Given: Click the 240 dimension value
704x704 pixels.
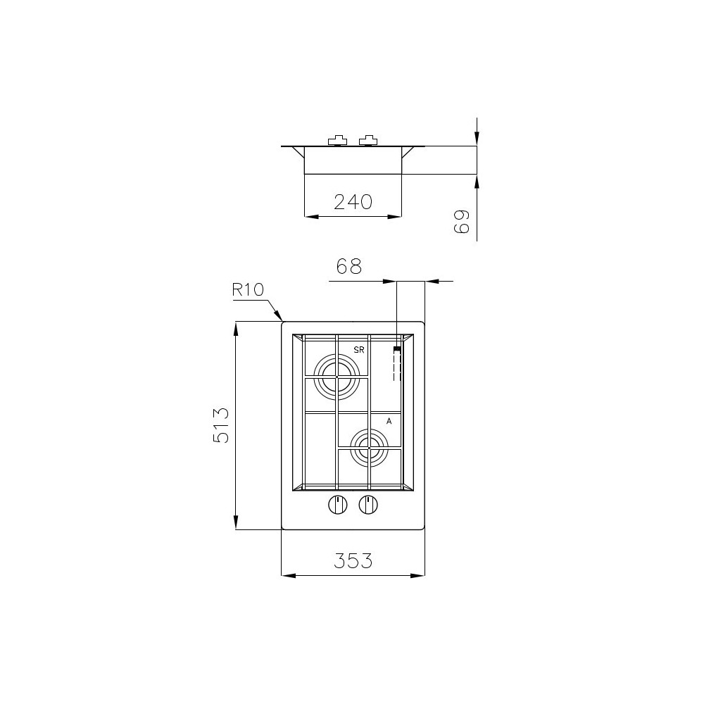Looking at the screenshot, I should [353, 202].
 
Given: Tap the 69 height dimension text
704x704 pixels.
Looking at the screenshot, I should [461, 222].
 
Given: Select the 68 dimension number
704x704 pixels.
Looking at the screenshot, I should [348, 267].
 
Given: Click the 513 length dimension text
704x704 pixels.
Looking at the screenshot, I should [221, 425].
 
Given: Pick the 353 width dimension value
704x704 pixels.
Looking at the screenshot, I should [353, 561].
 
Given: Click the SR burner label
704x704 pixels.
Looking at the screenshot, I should [359, 350].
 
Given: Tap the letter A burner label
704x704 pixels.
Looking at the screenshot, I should [389, 421].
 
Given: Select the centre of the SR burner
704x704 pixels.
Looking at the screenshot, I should [337, 377].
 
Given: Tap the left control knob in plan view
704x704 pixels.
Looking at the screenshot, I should [338, 505].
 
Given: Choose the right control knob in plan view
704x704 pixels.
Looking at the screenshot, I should [368, 505].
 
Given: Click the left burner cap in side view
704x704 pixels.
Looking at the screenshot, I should [338, 141].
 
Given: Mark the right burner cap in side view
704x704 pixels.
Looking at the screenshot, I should [368, 141].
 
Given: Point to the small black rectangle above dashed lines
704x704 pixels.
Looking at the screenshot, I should [397, 349].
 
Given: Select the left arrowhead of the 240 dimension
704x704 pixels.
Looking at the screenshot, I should [308, 216].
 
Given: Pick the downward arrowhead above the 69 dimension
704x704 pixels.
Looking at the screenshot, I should [477, 142].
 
